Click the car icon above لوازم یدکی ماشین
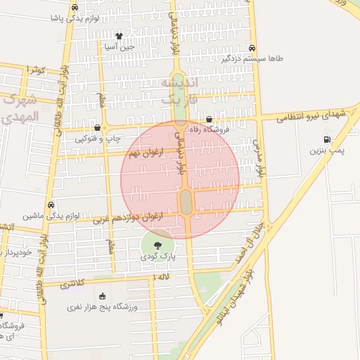coord(51,205)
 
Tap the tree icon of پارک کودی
coord(157,244)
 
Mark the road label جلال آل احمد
coord(251,238)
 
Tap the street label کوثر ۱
coord(34,70)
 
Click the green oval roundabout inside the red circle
coord(186,202)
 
